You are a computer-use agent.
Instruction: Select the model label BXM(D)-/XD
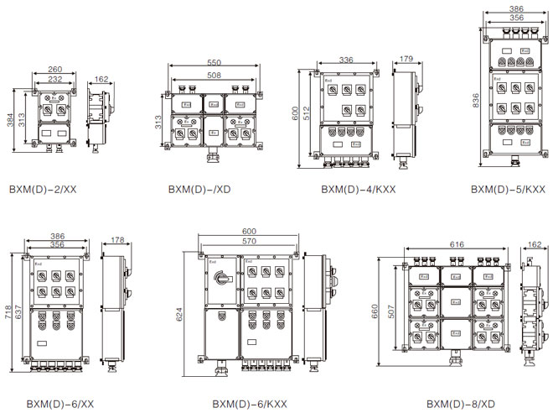click(202, 190)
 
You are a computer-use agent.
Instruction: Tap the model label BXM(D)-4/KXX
click(358, 190)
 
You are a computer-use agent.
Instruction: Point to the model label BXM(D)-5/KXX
click(508, 190)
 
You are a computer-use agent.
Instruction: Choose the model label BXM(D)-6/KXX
click(249, 404)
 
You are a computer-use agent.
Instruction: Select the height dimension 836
click(475, 98)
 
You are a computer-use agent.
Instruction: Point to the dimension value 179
click(406, 60)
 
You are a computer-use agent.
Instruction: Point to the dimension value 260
click(56, 71)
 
